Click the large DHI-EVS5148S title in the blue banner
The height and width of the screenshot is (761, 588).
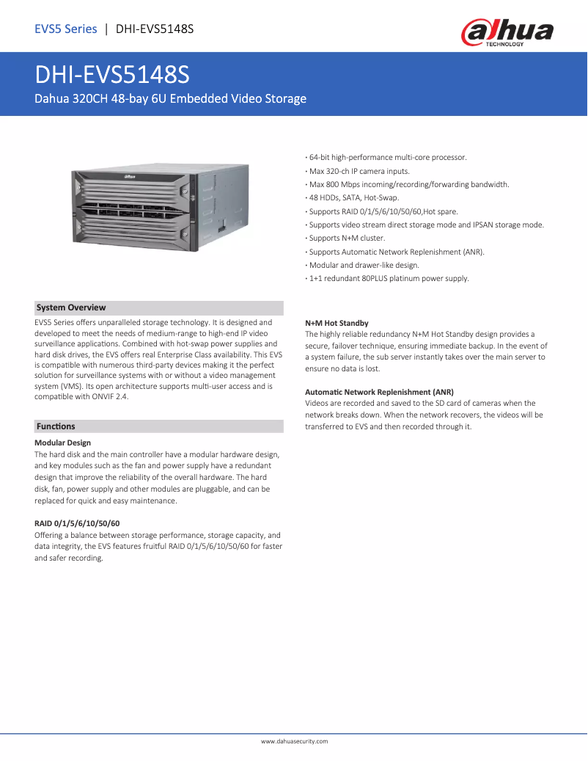(113, 76)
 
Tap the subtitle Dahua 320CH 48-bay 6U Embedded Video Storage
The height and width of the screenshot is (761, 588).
(171, 98)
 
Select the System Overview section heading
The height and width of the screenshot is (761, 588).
(71, 307)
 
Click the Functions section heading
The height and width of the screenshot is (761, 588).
(56, 426)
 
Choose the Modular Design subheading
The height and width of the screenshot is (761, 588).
(63, 443)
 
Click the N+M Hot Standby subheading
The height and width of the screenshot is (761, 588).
(337, 323)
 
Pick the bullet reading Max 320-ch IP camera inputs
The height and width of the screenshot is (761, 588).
(359, 170)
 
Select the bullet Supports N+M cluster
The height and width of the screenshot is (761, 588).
(346, 239)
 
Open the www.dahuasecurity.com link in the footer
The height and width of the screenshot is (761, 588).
(294, 741)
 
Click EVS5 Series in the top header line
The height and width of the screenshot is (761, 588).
(66, 29)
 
